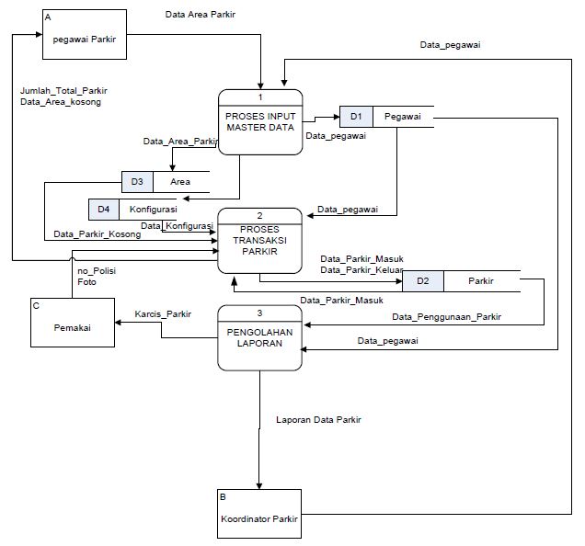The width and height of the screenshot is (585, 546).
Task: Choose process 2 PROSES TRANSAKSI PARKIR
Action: click(259, 240)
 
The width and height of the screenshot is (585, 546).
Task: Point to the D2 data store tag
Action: click(422, 280)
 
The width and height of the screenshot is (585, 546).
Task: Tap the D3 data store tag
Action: click(137, 182)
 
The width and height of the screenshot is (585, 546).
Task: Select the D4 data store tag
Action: click(104, 210)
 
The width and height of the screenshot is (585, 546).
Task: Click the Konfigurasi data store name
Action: click(153, 210)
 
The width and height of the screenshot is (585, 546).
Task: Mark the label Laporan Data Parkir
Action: click(318, 420)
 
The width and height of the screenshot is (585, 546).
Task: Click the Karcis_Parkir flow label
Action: click(163, 314)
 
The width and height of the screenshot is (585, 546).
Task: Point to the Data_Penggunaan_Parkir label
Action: click(447, 317)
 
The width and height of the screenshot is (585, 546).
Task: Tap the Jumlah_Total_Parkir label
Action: click(63, 90)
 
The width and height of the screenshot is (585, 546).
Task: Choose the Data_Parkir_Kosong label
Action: click(97, 234)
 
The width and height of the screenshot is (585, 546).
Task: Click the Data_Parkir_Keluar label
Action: click(362, 270)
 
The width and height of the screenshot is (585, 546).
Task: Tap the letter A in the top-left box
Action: click(47, 15)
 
